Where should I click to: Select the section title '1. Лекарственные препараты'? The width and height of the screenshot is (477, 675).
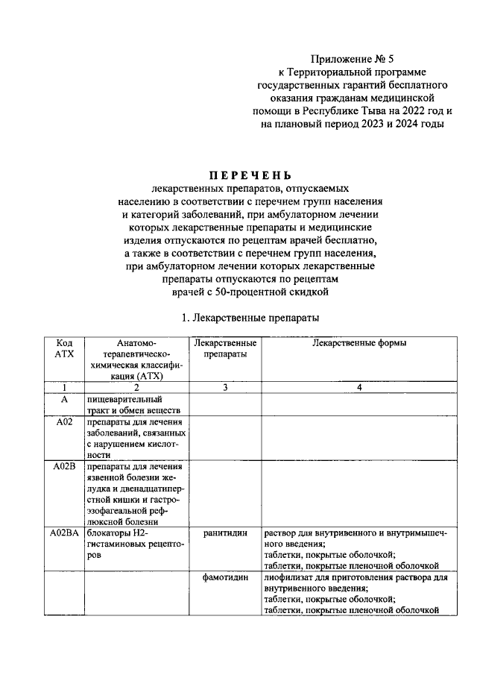click(250, 318)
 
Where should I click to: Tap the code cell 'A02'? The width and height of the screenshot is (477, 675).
click(65, 424)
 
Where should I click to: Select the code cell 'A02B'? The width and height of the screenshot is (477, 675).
click(65, 467)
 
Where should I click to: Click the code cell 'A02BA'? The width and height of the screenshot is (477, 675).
click(65, 533)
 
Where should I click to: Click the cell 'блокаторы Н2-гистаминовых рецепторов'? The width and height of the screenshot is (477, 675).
click(131, 544)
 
